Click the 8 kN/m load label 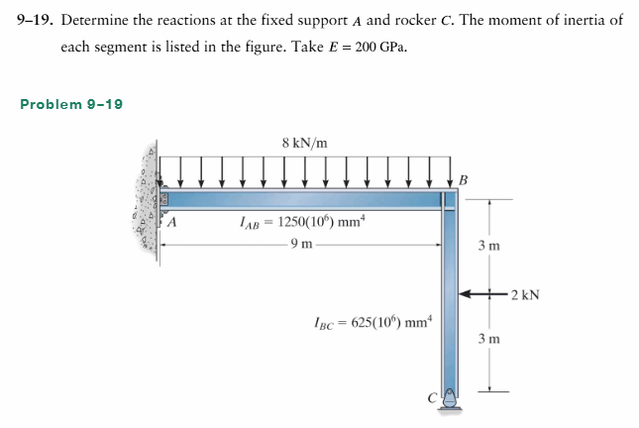click(304, 143)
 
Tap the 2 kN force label click(525, 294)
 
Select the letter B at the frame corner click(464, 179)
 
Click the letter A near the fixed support click(172, 222)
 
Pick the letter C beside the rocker click(432, 397)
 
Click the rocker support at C click(450, 399)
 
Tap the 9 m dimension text click(301, 244)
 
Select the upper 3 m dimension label click(489, 246)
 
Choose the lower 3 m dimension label click(489, 339)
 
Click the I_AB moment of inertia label click(302, 223)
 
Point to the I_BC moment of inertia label click(373, 322)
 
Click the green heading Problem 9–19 click(71, 104)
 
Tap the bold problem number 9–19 click(35, 20)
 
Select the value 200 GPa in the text click(380, 48)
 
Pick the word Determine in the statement click(94, 20)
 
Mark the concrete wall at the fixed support click(146, 202)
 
